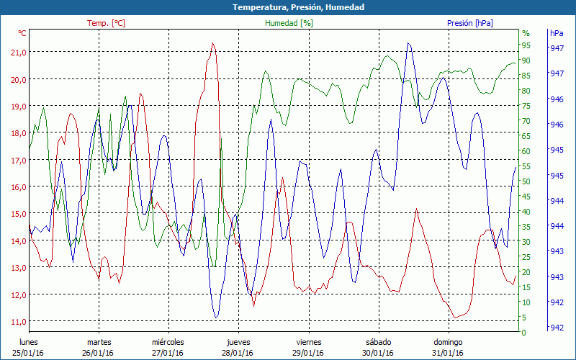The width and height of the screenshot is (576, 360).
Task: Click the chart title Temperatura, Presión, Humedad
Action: point(288,7)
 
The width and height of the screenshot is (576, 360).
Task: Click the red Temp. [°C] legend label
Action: point(106,23)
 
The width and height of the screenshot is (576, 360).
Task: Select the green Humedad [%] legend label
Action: point(289,23)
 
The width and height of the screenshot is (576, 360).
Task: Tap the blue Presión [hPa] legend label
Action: point(469,23)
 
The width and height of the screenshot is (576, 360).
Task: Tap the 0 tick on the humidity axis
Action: point(523,333)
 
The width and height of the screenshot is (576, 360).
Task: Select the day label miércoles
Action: point(168,342)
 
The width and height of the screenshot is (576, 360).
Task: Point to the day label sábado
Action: point(378,342)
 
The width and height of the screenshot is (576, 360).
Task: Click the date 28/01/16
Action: point(238,353)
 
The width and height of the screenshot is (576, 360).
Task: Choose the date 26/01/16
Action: point(99,353)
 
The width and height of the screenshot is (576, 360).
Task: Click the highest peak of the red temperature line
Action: point(212,43)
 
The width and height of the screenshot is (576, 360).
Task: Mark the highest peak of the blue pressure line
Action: point(408,43)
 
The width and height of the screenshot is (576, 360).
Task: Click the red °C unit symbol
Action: point(22,33)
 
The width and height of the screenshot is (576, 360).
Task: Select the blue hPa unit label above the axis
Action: point(557,33)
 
